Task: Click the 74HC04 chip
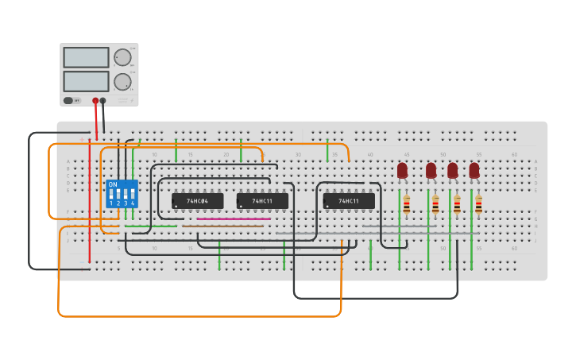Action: pos(197,201)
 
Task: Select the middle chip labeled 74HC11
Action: pos(262,201)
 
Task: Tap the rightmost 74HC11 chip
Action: pos(349,201)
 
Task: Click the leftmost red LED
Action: pos(402,170)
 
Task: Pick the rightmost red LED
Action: pos(474,170)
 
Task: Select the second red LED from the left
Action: pos(431,170)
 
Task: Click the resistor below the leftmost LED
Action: pos(407,205)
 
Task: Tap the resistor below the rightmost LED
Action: pos(478,205)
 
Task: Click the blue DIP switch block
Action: pos(122,194)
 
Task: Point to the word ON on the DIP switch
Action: pos(113,184)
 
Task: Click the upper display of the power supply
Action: pos(86,57)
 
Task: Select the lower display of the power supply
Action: pos(86,81)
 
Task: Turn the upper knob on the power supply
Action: pos(122,57)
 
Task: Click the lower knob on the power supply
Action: pos(122,81)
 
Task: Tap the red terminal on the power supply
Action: pos(95,101)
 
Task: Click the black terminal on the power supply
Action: pos(103,101)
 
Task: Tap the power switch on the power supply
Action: pos(69,101)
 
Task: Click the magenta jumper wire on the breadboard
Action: pos(234,219)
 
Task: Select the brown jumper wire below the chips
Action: pos(222,226)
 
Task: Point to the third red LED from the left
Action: pos(453,170)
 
